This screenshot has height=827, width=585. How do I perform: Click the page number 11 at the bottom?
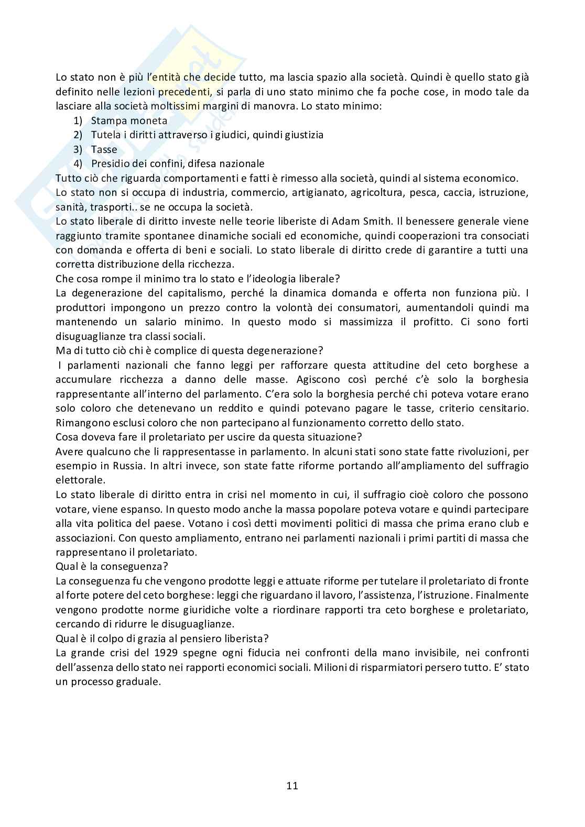pos(292,786)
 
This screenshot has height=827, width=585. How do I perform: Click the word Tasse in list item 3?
pos(104,149)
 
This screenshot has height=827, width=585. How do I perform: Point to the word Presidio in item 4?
pos(110,163)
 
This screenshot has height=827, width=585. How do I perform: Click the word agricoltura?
pos(376,192)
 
